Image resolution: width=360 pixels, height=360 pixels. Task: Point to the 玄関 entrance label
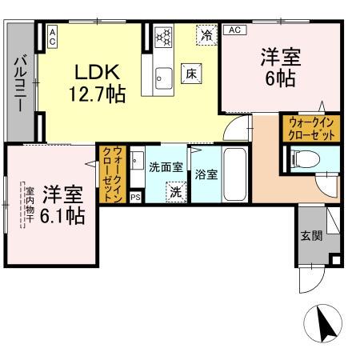click(311, 236)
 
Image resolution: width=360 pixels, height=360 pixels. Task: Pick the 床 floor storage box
click(193, 72)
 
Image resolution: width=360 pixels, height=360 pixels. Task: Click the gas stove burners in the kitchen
click(162, 37)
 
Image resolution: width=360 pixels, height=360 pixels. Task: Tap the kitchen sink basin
click(164, 77)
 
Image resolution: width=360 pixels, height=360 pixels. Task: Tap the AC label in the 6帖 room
click(234, 30)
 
